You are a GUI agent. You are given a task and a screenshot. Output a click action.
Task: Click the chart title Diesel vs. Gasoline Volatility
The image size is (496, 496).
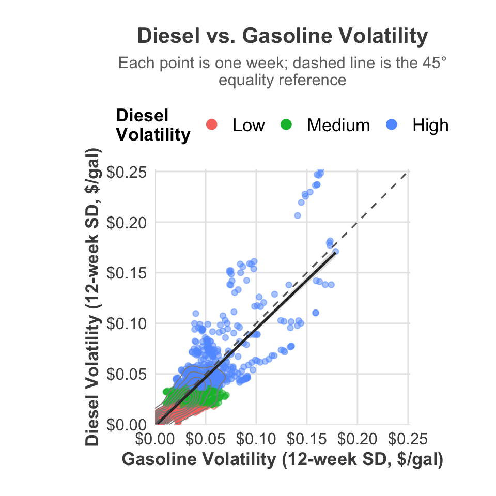(x=283, y=36)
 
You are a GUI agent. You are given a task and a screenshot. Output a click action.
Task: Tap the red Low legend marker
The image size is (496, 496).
(x=211, y=125)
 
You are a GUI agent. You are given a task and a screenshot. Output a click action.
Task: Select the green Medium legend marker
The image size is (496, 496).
(x=286, y=125)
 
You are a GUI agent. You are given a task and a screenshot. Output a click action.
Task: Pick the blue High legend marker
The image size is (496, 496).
(x=392, y=125)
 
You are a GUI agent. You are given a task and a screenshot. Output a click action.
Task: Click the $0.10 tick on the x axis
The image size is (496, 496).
(x=256, y=440)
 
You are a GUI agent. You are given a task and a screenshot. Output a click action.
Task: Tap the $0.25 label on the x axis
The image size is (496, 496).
(x=407, y=440)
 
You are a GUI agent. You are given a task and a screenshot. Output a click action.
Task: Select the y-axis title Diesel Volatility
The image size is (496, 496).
(x=93, y=297)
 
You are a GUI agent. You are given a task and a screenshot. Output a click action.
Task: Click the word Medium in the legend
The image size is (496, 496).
(x=338, y=125)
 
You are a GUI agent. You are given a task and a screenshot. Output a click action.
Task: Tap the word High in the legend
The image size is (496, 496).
(x=430, y=125)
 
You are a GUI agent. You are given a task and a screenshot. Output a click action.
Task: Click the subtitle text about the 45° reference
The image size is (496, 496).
(x=283, y=72)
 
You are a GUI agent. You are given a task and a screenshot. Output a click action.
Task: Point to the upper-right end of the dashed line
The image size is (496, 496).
(x=408, y=173)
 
